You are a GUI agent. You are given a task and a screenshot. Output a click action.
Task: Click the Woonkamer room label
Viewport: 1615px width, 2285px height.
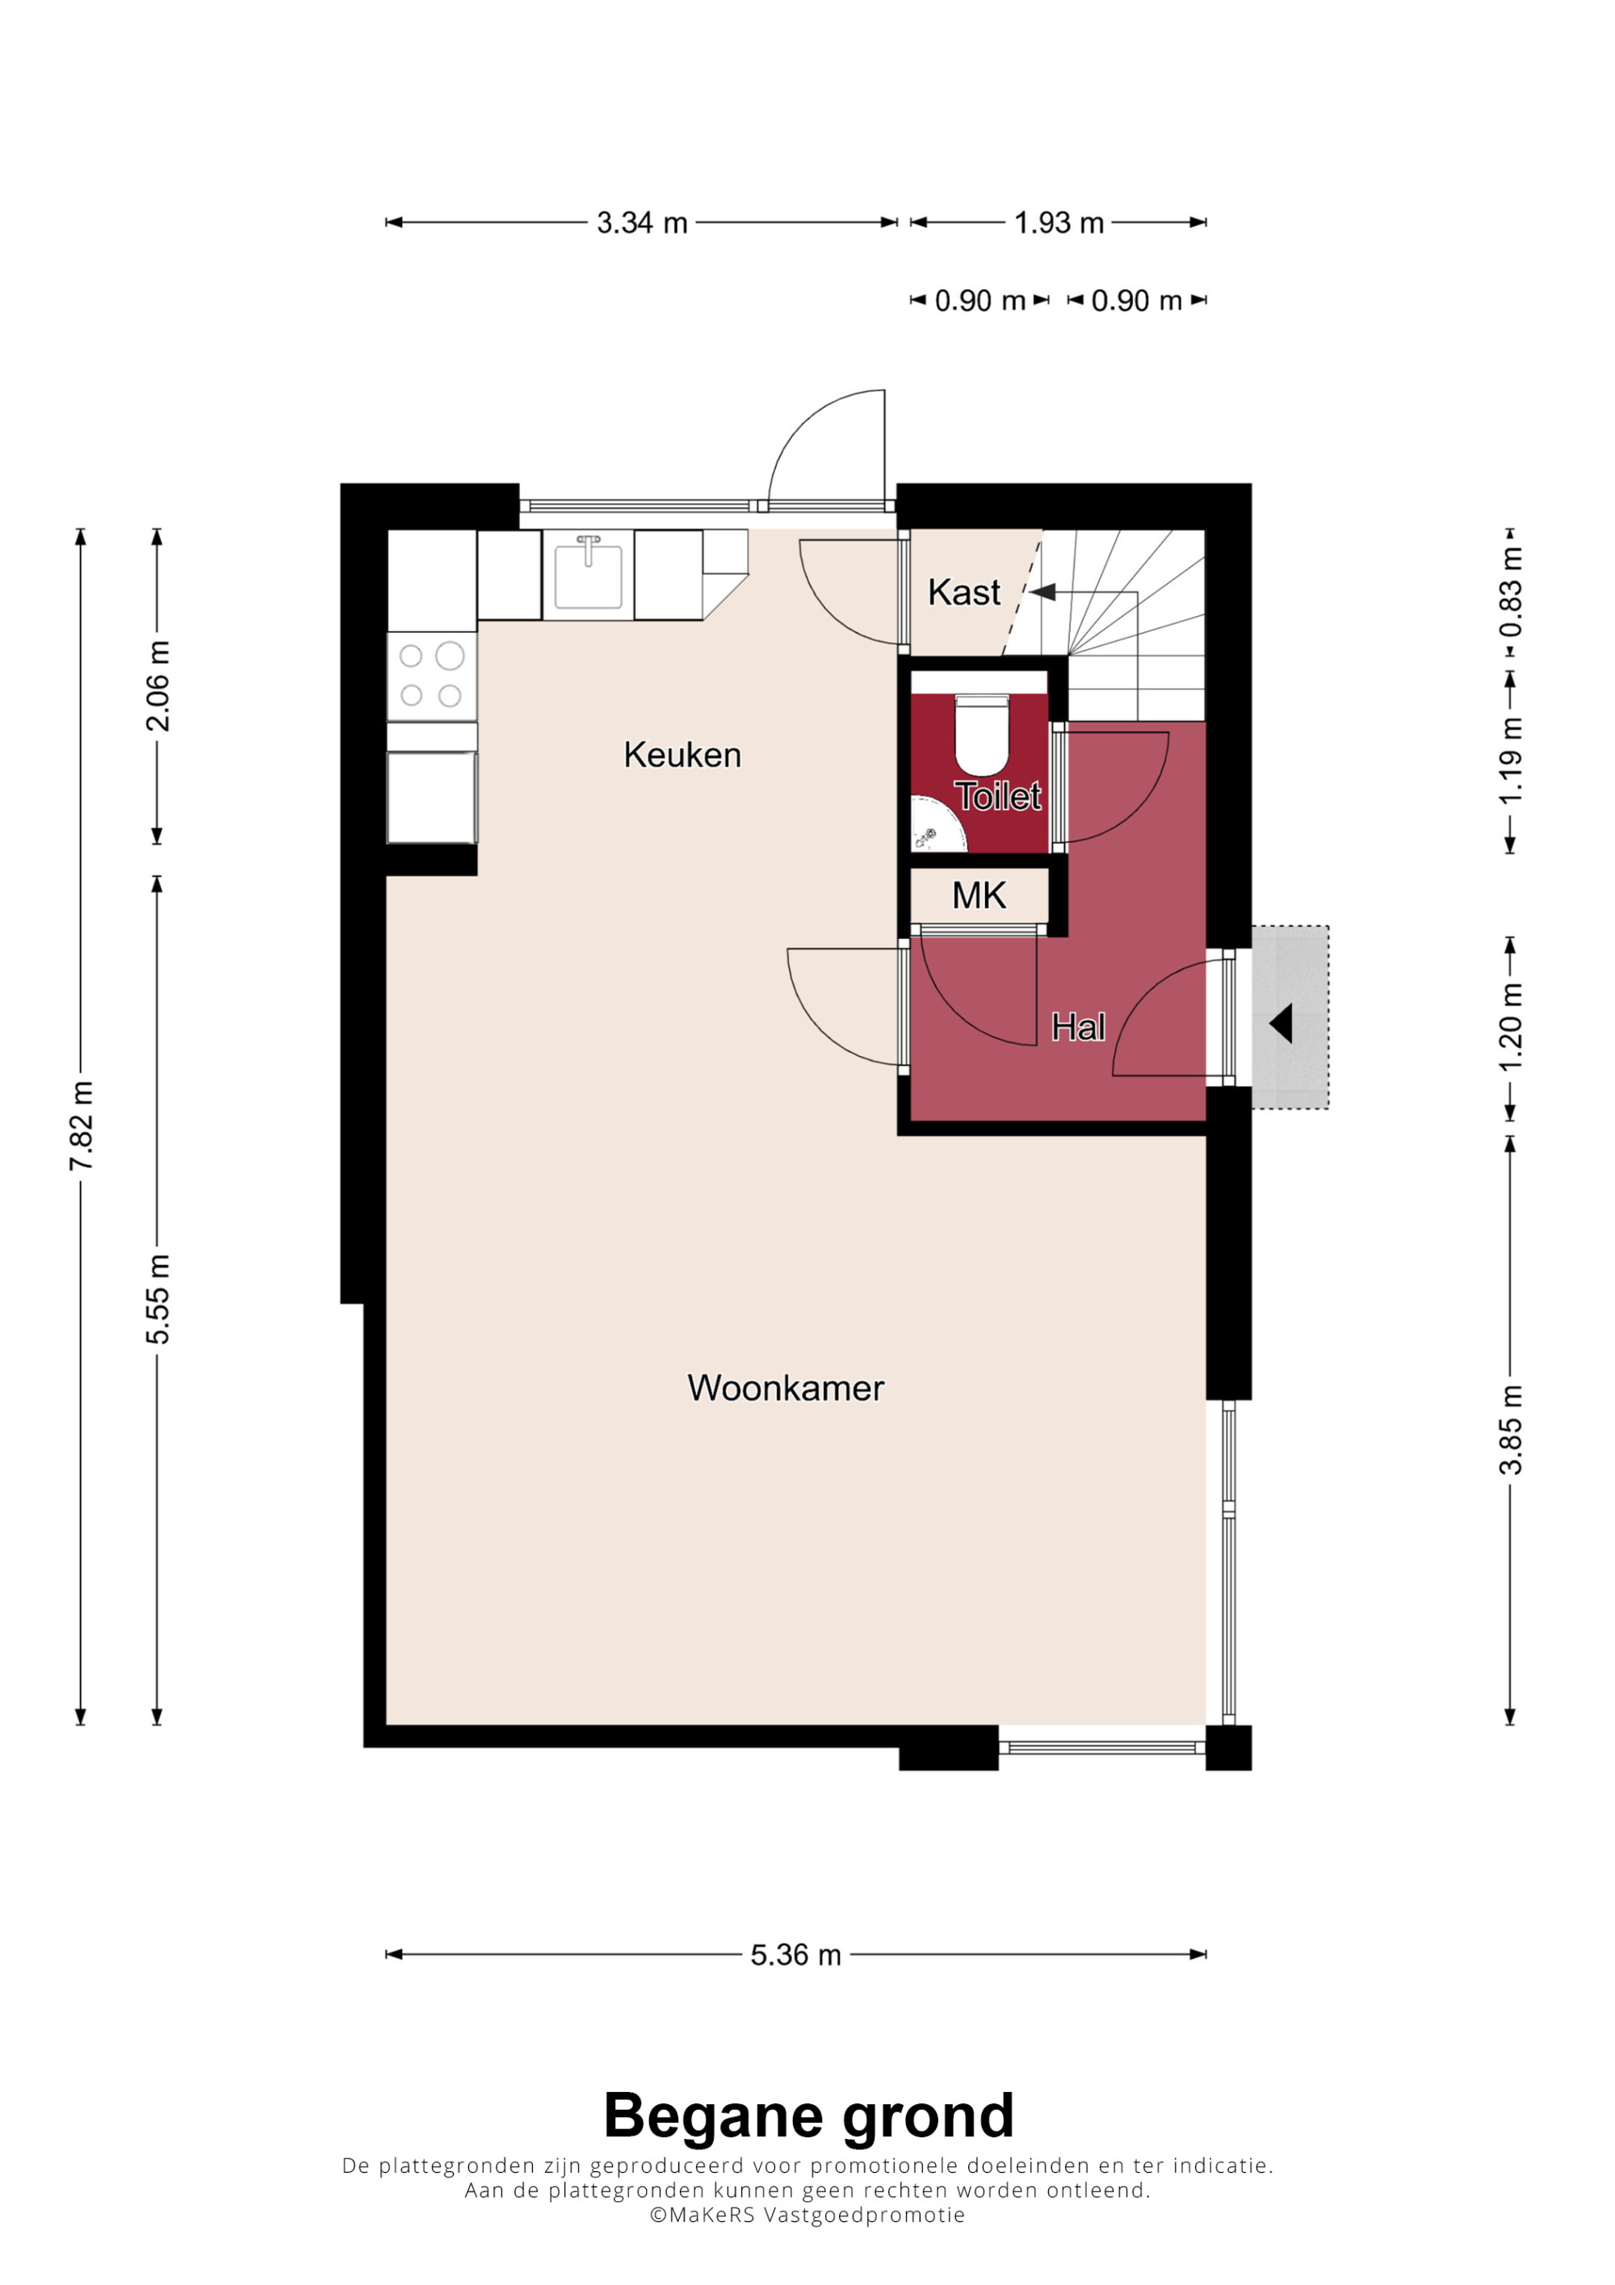(785, 1388)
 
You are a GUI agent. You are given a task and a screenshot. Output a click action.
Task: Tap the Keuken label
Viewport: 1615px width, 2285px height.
(682, 756)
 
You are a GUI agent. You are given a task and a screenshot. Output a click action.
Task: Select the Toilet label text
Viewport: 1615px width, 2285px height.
(998, 796)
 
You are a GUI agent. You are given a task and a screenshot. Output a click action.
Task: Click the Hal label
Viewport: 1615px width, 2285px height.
(1079, 1027)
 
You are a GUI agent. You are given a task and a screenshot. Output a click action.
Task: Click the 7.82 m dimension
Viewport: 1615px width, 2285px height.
(82, 1126)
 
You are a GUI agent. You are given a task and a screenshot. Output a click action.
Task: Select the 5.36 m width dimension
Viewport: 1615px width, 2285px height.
(796, 1955)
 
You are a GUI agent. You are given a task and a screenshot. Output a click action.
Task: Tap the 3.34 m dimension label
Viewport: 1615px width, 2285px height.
(642, 223)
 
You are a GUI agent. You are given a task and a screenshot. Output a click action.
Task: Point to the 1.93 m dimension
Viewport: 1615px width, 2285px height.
(1059, 223)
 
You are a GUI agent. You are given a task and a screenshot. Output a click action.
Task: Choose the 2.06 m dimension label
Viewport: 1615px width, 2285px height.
(157, 686)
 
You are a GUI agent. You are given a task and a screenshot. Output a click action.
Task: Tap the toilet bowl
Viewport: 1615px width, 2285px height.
(982, 736)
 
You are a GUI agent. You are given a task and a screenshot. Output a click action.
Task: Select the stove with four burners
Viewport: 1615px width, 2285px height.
(432, 677)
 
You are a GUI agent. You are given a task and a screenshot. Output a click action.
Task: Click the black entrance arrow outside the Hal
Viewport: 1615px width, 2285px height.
(1282, 1023)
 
